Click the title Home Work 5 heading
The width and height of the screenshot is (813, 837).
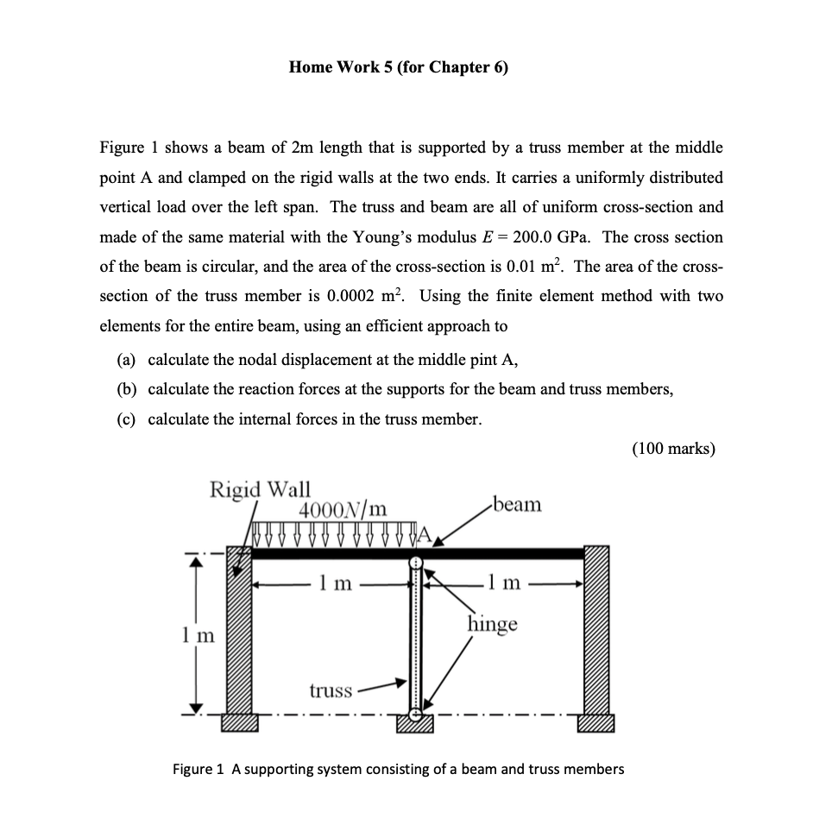(x=399, y=68)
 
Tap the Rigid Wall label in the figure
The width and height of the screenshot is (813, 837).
(x=261, y=489)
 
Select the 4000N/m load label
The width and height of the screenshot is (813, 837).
(x=343, y=509)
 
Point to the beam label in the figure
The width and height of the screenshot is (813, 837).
(x=515, y=504)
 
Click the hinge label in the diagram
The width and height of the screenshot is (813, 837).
(x=493, y=623)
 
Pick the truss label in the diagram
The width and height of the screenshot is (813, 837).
(x=331, y=689)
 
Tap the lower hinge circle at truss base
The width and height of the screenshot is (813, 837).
(x=416, y=714)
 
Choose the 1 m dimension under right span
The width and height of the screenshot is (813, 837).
(x=504, y=584)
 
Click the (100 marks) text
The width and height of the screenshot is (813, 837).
(x=673, y=449)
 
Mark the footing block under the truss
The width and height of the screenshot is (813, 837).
(x=416, y=727)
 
